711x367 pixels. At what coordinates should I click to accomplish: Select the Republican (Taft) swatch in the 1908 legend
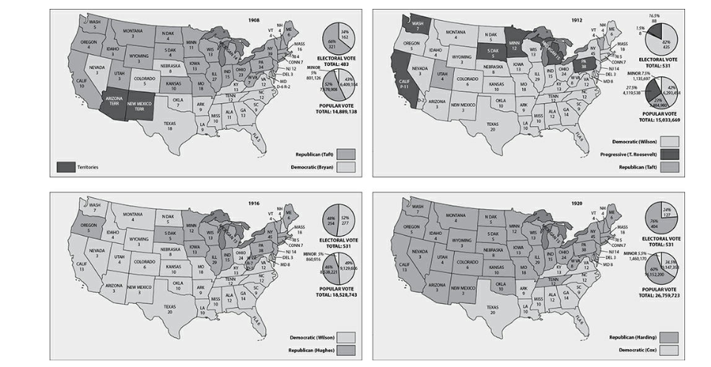(x=345, y=153)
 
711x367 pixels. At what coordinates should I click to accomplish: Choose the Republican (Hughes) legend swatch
(x=346, y=348)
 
